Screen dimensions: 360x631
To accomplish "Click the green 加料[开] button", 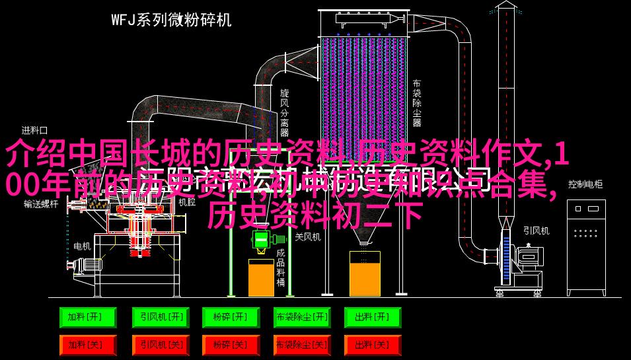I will coord(88,318).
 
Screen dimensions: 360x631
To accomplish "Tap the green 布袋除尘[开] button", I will coord(302,318).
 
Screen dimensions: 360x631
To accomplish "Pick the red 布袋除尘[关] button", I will coord(302,345).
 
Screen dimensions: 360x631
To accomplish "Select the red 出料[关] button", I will coord(373,345).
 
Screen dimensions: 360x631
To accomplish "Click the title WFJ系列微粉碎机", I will coord(171,20).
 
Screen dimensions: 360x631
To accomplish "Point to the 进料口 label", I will coord(34,130).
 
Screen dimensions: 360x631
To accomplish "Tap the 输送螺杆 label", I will coord(41,203).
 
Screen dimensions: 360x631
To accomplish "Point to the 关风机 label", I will coord(307,236).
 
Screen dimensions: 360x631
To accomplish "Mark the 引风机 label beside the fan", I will coord(536,231).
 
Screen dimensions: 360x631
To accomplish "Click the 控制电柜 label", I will coord(585,184).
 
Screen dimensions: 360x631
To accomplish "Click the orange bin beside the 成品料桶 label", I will coord(261,277).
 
